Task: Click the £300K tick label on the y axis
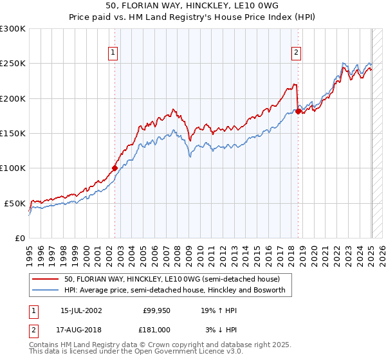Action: click(x=13, y=29)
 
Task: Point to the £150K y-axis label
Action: click(x=13, y=133)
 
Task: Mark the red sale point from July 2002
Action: click(x=115, y=168)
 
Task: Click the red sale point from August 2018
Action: click(x=298, y=111)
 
